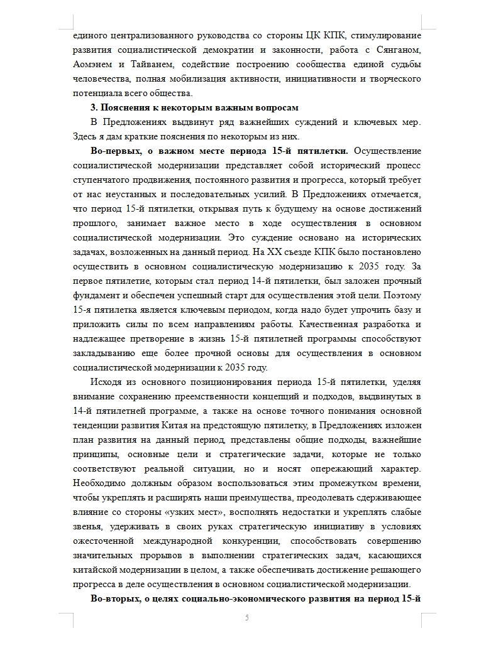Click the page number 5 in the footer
[x=247, y=618]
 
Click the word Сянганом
[x=397, y=50]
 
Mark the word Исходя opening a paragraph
[x=108, y=382]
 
